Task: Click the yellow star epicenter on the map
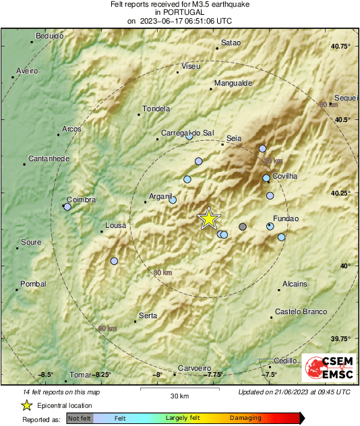[209, 218]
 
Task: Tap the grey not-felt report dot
[243, 226]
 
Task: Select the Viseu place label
[191, 67]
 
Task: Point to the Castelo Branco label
[301, 311]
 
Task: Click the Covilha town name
[285, 176]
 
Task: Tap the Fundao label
[285, 218]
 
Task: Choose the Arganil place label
[161, 196]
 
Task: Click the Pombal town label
[33, 284]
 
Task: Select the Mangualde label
[233, 84]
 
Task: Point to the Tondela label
[156, 109]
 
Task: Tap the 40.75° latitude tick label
[341, 46]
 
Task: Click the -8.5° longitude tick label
[45, 375]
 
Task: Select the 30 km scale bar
[179, 389]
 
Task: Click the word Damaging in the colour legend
[245, 418]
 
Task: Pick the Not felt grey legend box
[80, 418]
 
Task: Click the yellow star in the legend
[26, 405]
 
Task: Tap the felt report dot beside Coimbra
[67, 207]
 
